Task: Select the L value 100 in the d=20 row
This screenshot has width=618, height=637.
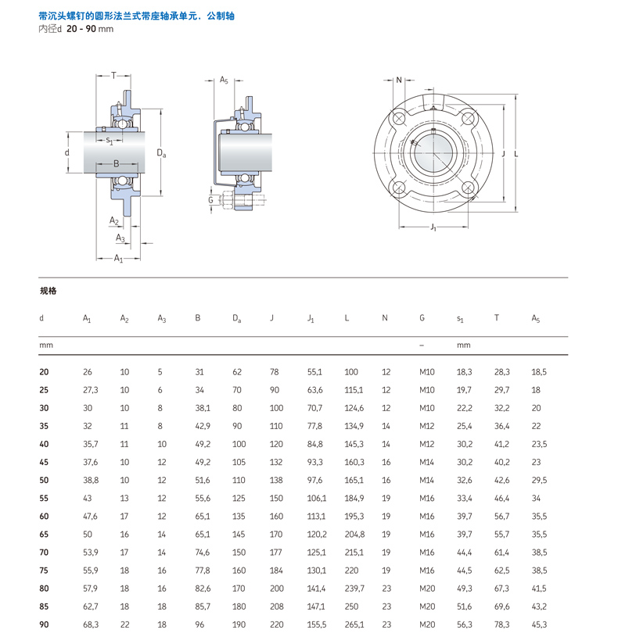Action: click(351, 372)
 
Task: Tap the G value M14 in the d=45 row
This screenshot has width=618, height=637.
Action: click(427, 462)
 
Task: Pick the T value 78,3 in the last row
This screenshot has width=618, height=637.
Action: click(501, 624)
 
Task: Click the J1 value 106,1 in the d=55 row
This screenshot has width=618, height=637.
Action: click(316, 498)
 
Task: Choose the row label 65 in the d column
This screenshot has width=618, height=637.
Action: click(44, 534)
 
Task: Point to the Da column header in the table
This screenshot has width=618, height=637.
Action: click(236, 318)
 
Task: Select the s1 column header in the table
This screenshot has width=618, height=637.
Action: click(460, 318)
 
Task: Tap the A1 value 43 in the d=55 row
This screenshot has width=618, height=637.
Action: click(88, 498)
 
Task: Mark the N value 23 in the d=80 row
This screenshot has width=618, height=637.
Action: click(386, 588)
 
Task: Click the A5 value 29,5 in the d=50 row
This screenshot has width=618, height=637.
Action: click(539, 480)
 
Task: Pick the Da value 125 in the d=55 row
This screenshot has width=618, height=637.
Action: click(238, 498)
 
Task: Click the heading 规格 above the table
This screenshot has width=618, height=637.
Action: click(49, 291)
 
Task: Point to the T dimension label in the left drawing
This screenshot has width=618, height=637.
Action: click(113, 76)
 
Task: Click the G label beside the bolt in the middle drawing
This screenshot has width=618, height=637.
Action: click(210, 200)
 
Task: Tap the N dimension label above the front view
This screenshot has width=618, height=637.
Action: click(399, 81)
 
